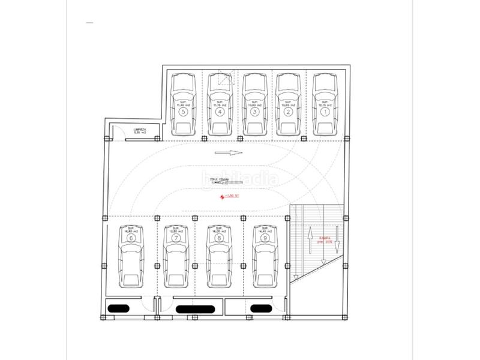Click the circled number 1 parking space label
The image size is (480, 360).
point(325,112)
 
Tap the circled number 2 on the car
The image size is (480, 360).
point(288,112)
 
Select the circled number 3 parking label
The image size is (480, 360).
point(254,112)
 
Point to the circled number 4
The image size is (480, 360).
point(220,112)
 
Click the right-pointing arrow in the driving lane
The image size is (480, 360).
point(229,152)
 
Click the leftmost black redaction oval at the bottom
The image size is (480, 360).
point(118,309)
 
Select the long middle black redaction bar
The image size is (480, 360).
point(193,309)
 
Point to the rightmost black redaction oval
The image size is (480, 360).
point(262,309)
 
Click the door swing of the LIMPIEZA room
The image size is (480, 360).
point(121,134)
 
